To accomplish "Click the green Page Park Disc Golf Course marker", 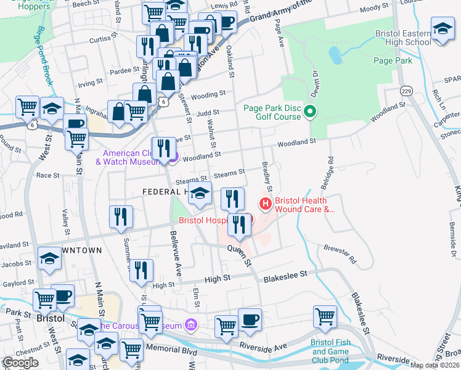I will [311, 112].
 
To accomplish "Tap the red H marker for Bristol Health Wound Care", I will [266, 202].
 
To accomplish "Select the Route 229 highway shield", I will [405, 91].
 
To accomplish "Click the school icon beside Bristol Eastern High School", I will [442, 30].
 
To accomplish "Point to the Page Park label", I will [393, 60].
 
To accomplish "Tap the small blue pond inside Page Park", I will [335, 57].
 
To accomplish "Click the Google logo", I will [20, 363].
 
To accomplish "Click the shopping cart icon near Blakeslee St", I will [325, 316].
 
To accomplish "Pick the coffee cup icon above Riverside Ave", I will [250, 319].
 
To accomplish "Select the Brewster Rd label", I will [340, 253].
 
